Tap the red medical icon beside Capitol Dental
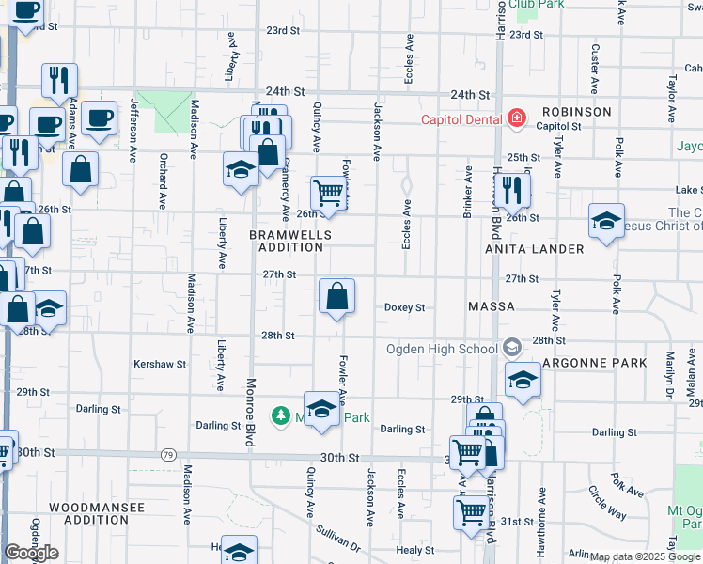515,118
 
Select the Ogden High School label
442,349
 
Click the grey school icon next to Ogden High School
511,348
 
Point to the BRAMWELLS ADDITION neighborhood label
287,240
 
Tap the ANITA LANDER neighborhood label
534,249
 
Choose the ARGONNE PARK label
601,363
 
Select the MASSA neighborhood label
491,307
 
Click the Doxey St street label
405,307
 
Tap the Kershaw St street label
160,364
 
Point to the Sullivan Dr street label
337,538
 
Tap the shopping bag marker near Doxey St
336,298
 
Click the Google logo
32,553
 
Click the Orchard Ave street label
163,180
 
